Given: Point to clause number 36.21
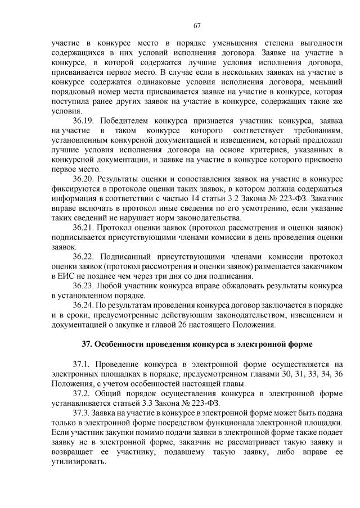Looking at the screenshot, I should tap(85, 227).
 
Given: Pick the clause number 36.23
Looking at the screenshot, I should tap(85, 286).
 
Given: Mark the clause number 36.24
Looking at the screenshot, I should tap(85, 305).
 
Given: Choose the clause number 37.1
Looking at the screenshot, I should tap(83, 364).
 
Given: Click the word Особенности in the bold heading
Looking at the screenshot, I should tap(121, 343).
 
